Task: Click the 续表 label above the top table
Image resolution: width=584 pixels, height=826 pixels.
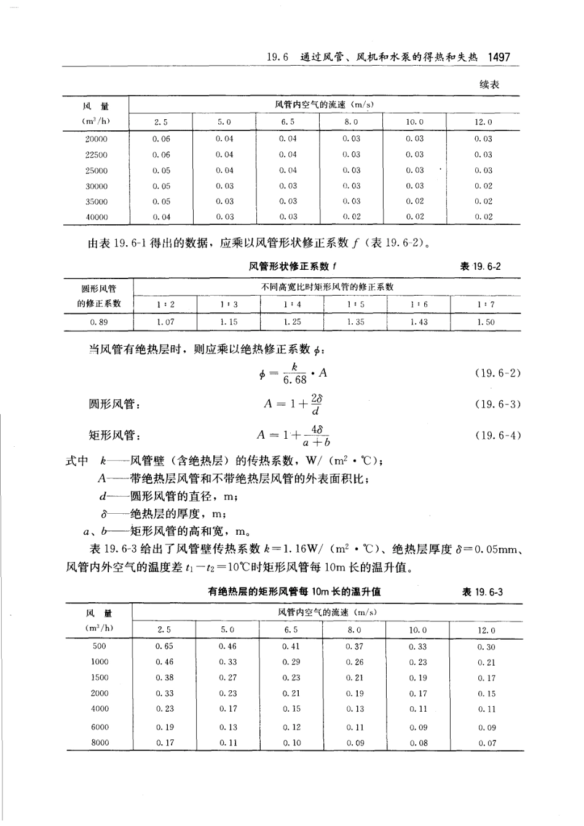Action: pos(489,85)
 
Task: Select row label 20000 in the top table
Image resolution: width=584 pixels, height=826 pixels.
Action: pos(96,140)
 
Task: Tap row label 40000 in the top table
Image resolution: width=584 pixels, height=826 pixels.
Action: pos(96,217)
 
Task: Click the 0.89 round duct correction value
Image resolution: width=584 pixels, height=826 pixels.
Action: pos(98,322)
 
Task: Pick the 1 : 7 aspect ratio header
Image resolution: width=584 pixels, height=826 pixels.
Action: pos(486,304)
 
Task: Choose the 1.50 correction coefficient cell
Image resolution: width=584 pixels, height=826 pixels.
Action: pos(486,322)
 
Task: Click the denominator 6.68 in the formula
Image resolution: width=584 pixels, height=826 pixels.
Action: pos(294,380)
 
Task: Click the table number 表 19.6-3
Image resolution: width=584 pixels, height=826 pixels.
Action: pos(483,592)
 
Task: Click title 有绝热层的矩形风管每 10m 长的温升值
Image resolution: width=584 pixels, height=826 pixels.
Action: pos(294,592)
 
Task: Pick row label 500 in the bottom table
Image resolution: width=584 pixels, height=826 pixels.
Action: pos(99,647)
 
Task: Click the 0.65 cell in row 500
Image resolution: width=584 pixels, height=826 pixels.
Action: pos(164,647)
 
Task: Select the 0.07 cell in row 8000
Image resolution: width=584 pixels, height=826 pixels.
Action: pos(487,743)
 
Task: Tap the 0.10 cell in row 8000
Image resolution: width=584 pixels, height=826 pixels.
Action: pos(292,743)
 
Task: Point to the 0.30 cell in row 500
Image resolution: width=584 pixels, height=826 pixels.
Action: pos(486,647)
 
